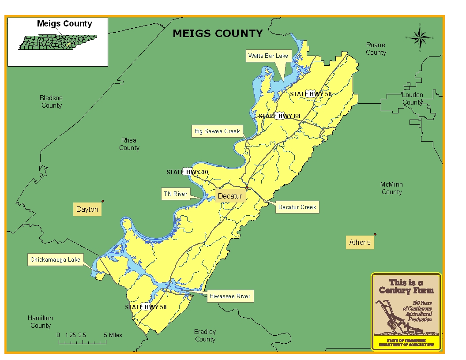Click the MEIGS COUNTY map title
point(218,34)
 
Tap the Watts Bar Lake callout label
point(268,56)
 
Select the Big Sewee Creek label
point(217,131)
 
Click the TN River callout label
point(176,194)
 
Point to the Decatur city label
point(230,196)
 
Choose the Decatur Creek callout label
point(297,207)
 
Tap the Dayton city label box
point(87,209)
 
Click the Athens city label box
point(360,242)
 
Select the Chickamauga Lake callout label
point(55,260)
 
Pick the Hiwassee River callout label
point(229,296)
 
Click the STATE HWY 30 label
point(187,172)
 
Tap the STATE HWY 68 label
point(279,116)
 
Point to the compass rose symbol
point(420,37)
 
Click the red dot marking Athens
point(375,234)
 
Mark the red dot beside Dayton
point(103,201)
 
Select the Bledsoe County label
point(51,101)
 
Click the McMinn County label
point(391,188)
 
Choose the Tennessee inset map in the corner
point(57,42)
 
